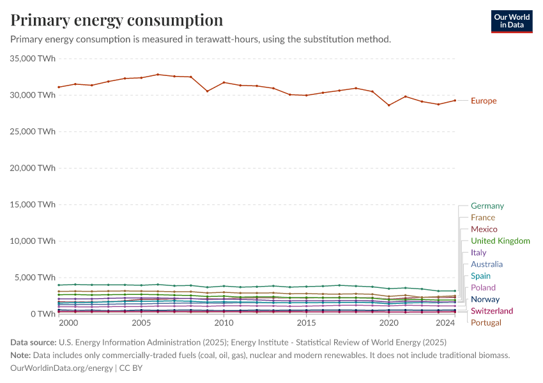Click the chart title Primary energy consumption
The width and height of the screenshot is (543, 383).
coord(117,20)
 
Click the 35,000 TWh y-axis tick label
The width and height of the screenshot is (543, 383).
coord(34,59)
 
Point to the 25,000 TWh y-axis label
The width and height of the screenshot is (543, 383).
coord(34,131)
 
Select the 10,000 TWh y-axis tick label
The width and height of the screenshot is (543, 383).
coord(34,241)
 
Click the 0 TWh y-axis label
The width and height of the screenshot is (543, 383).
coord(42,314)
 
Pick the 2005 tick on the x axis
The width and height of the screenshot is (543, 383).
coord(141,324)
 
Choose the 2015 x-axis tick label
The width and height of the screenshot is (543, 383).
coord(306,324)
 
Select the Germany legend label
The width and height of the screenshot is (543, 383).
coord(487,206)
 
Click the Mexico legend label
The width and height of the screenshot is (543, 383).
coord(484,229)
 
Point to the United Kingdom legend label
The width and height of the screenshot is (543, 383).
coord(500,241)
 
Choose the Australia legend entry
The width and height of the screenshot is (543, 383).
coord(487,264)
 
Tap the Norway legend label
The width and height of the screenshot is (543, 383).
coord(485,299)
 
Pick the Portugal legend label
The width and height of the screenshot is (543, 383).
coord(486,322)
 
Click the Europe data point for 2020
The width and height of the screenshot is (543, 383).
coord(388,105)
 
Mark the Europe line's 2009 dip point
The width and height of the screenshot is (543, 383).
coord(207,91)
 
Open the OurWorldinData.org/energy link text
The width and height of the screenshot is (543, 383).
coord(62,368)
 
